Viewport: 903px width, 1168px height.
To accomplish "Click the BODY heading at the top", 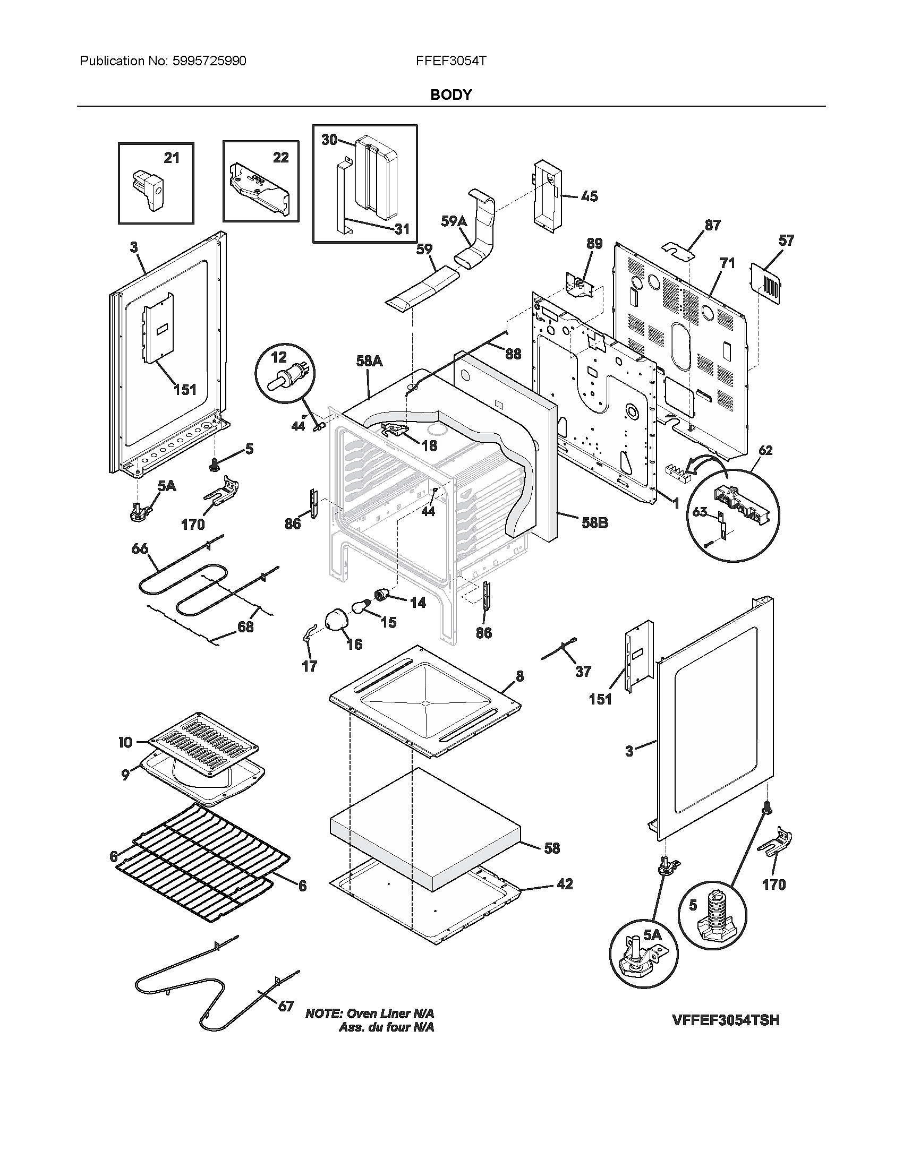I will [451, 95].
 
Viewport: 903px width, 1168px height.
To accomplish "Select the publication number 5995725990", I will [209, 61].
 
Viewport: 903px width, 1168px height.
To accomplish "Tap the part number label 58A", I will [369, 361].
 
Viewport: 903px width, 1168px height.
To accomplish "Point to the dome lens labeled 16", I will [337, 622].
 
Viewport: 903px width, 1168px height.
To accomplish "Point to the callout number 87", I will [712, 226].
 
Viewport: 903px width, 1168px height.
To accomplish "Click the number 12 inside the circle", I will [279, 357].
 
